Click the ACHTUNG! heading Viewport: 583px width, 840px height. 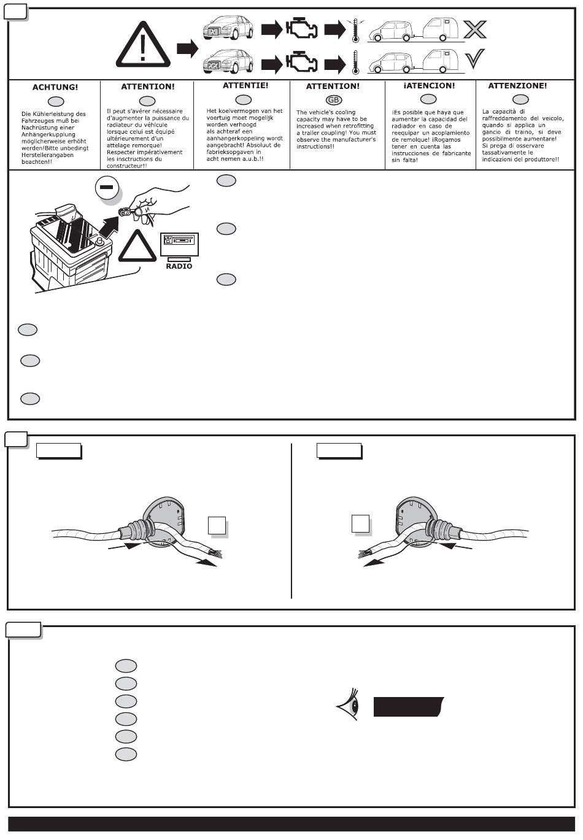[55, 87]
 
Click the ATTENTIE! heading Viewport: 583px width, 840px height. [245, 85]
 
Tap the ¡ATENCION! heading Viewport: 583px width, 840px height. [429, 86]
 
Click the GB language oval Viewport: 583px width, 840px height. [333, 99]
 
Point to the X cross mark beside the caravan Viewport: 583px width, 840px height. [474, 29]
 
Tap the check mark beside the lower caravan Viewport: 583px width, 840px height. [474, 59]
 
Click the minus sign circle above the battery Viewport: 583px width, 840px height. [107, 188]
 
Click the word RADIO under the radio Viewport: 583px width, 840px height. [179, 266]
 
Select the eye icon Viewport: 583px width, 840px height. [348, 706]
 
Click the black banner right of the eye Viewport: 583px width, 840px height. [408, 707]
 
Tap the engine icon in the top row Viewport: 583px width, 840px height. [301, 29]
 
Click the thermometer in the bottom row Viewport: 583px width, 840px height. [355, 63]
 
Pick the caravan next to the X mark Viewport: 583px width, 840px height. [438, 28]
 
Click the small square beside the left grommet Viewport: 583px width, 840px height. [216, 525]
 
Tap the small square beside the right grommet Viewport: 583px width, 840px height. [360, 523]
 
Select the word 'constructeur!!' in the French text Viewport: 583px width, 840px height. [127, 165]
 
